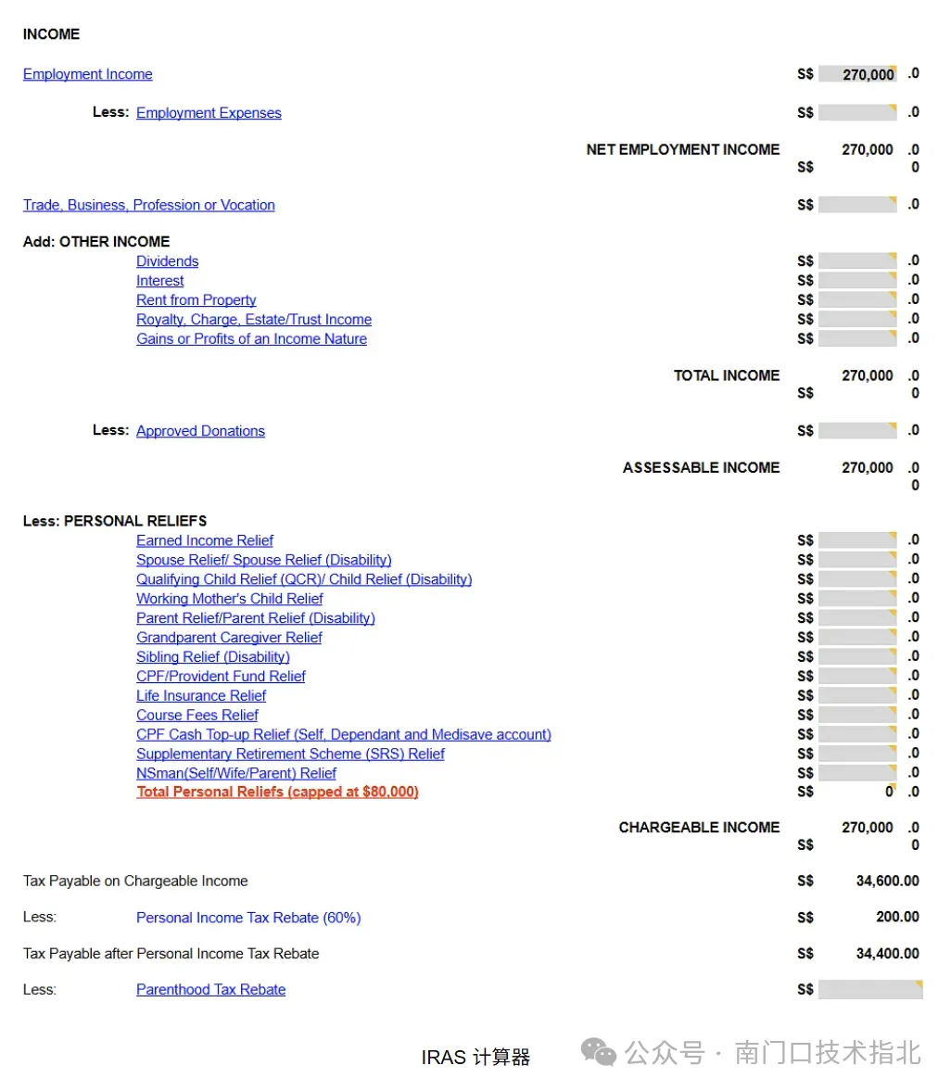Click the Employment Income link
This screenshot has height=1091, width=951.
point(87,74)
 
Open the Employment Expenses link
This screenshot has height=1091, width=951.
point(209,113)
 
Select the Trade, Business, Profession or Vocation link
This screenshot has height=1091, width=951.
point(148,205)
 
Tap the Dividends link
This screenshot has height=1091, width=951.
point(167,261)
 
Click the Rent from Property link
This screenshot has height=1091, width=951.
point(196,300)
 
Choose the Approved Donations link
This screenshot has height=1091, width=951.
point(200,431)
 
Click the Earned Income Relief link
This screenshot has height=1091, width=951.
point(205,540)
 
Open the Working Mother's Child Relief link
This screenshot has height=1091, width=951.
point(229,599)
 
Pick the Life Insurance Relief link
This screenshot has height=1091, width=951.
point(201,696)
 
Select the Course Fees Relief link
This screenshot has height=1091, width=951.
point(197,716)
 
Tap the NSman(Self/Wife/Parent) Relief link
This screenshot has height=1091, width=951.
point(236,773)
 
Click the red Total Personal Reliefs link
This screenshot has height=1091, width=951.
point(277,792)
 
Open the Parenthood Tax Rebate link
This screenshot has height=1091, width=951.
point(210,990)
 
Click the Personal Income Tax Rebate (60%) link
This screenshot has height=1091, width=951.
point(248,918)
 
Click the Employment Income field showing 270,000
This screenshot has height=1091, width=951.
point(857,74)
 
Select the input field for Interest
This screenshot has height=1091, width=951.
point(857,281)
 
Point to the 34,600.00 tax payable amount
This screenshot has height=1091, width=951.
point(887,881)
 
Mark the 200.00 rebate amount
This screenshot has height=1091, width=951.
point(897,917)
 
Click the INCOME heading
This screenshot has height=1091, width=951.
point(51,34)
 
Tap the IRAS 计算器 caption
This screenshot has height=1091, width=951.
point(475,1057)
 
